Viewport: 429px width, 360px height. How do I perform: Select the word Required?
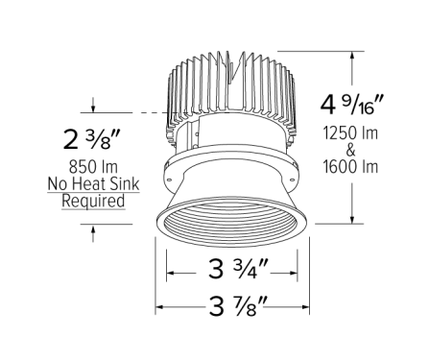coord(93,202)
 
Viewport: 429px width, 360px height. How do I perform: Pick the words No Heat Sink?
coord(93,185)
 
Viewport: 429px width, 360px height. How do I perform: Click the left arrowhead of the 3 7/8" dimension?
coord(160,309)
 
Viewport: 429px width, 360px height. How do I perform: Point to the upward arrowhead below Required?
coord(93,228)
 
